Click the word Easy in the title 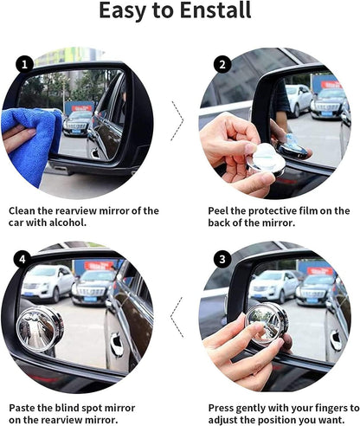[x=126, y=11]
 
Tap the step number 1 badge [x=26, y=64]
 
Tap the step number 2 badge [x=224, y=64]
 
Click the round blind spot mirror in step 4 [x=40, y=326]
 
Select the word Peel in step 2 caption [x=221, y=210]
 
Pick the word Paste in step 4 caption [x=25, y=407]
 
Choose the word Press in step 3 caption [x=223, y=407]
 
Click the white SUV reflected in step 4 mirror [x=47, y=281]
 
